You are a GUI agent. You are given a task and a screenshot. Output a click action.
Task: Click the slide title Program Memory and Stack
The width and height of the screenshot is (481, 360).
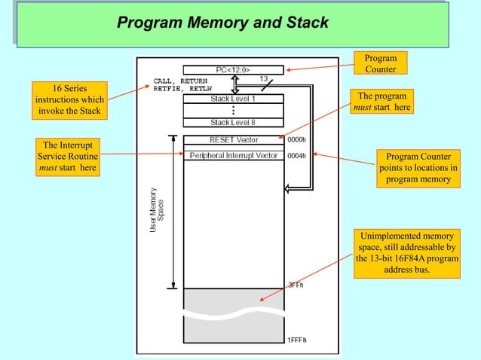point(223,23)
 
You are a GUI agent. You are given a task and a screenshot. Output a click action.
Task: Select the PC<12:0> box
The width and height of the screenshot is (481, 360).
point(233,70)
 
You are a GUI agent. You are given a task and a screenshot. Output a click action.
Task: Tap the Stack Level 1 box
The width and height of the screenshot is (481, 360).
point(233,99)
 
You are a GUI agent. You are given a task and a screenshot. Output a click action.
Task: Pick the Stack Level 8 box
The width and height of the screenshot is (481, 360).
point(233,122)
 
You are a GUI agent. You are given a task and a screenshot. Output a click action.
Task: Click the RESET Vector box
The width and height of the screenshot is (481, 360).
point(233,139)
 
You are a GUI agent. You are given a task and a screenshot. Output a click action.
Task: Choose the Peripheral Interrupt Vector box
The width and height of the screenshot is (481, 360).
point(233,156)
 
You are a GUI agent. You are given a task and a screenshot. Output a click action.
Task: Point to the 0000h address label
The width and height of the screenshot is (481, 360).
point(296,139)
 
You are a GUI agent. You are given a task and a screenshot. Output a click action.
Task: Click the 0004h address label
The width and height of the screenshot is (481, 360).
point(296,156)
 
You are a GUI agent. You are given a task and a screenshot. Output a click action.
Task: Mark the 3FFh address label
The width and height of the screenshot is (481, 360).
point(295,285)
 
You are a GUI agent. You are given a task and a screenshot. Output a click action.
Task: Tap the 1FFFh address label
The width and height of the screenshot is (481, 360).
point(296,340)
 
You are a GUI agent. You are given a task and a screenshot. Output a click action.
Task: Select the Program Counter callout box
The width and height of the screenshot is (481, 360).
point(381,64)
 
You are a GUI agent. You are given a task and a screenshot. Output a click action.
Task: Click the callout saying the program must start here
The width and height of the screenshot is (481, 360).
point(383,102)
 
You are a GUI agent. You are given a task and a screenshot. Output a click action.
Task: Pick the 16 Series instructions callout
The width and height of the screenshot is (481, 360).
point(69,100)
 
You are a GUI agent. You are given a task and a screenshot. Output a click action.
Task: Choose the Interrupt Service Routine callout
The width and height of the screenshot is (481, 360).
point(68,157)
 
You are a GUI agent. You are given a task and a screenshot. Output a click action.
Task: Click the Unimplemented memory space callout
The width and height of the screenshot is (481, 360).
point(406,254)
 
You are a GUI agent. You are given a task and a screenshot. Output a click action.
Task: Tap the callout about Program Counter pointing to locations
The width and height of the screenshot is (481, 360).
point(417,168)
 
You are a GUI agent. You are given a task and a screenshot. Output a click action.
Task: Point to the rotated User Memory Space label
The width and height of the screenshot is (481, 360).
point(156,209)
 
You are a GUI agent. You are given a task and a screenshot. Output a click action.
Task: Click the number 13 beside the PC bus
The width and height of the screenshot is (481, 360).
point(264,79)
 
